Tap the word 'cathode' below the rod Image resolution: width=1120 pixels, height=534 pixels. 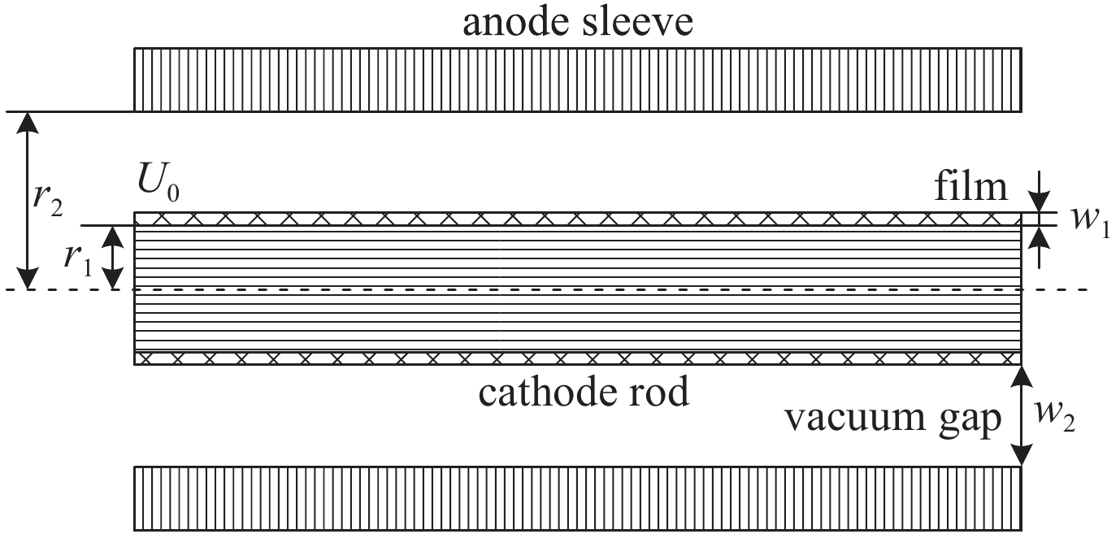542,393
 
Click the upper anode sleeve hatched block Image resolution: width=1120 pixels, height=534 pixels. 577,79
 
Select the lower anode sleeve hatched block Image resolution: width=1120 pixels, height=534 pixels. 577,497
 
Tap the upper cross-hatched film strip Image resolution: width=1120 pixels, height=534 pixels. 577,219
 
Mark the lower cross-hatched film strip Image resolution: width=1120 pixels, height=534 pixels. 577,358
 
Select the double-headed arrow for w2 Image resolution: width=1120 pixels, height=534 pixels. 1021,415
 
